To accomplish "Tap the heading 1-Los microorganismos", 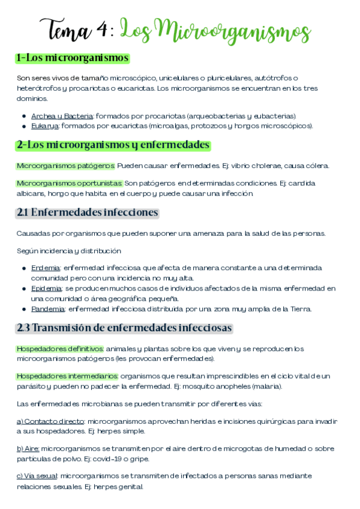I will point(73,58).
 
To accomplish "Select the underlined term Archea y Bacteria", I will point(62,116).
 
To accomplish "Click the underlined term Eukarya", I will point(45,126).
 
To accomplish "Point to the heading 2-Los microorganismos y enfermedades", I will point(113,145).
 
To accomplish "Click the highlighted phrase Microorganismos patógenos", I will point(65,166).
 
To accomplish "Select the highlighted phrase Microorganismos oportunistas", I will point(70,183).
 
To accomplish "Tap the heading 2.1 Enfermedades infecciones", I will point(88,212).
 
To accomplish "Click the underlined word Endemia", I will point(46,268).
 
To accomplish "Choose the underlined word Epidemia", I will point(46,289).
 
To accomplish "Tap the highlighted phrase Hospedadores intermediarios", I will point(67,376).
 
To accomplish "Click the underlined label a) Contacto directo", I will point(50,421).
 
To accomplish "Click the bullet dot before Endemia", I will point(23,268).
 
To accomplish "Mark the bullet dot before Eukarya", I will point(23,127).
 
